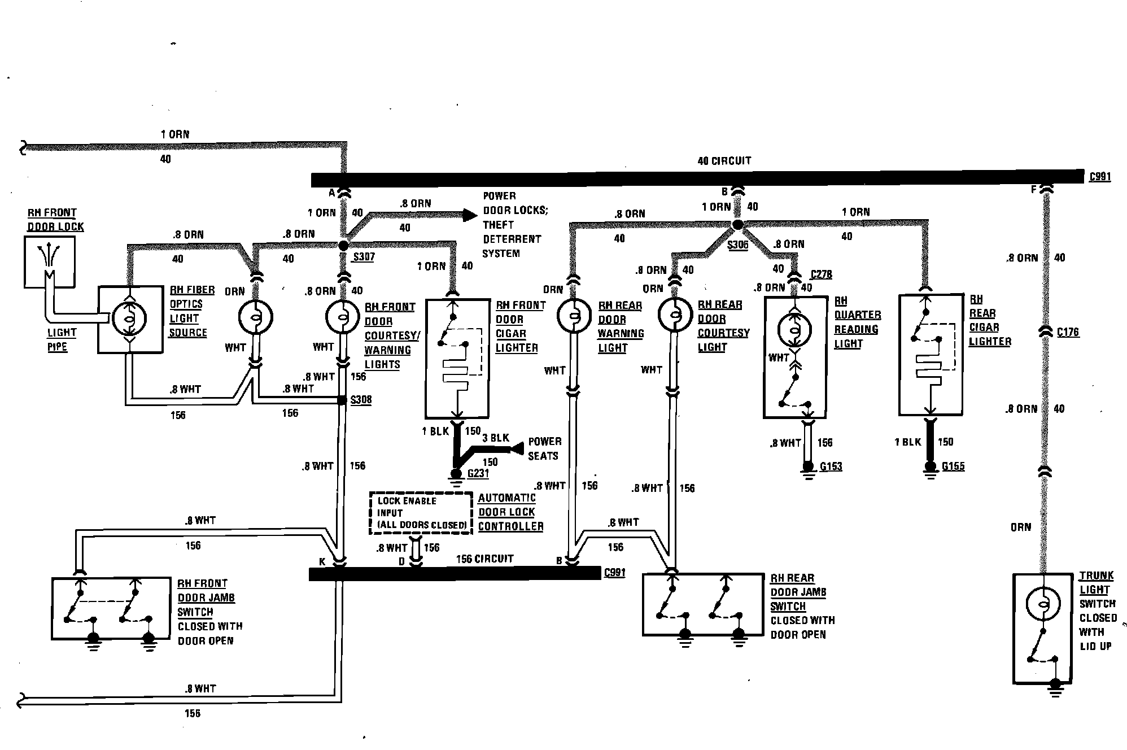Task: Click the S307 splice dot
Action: tap(343, 246)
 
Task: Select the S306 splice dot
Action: tap(737, 225)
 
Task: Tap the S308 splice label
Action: tap(361, 400)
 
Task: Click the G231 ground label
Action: tap(478, 473)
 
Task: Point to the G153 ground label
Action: tap(831, 466)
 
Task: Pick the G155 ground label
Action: tap(953, 466)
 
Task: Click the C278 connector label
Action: tap(821, 274)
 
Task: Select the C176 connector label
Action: tap(1068, 332)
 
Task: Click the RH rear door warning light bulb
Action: tap(573, 315)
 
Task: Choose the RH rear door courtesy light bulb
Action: tap(675, 315)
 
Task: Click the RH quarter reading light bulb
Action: tap(794, 329)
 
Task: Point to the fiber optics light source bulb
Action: tap(130, 319)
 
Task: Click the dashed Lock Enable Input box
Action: tap(421, 513)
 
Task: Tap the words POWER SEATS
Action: tap(544, 448)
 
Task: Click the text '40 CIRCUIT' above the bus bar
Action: tap(724, 161)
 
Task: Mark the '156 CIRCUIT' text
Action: tap(485, 559)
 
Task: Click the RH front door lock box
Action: tap(50, 261)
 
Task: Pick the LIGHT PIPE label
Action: tap(61, 339)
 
